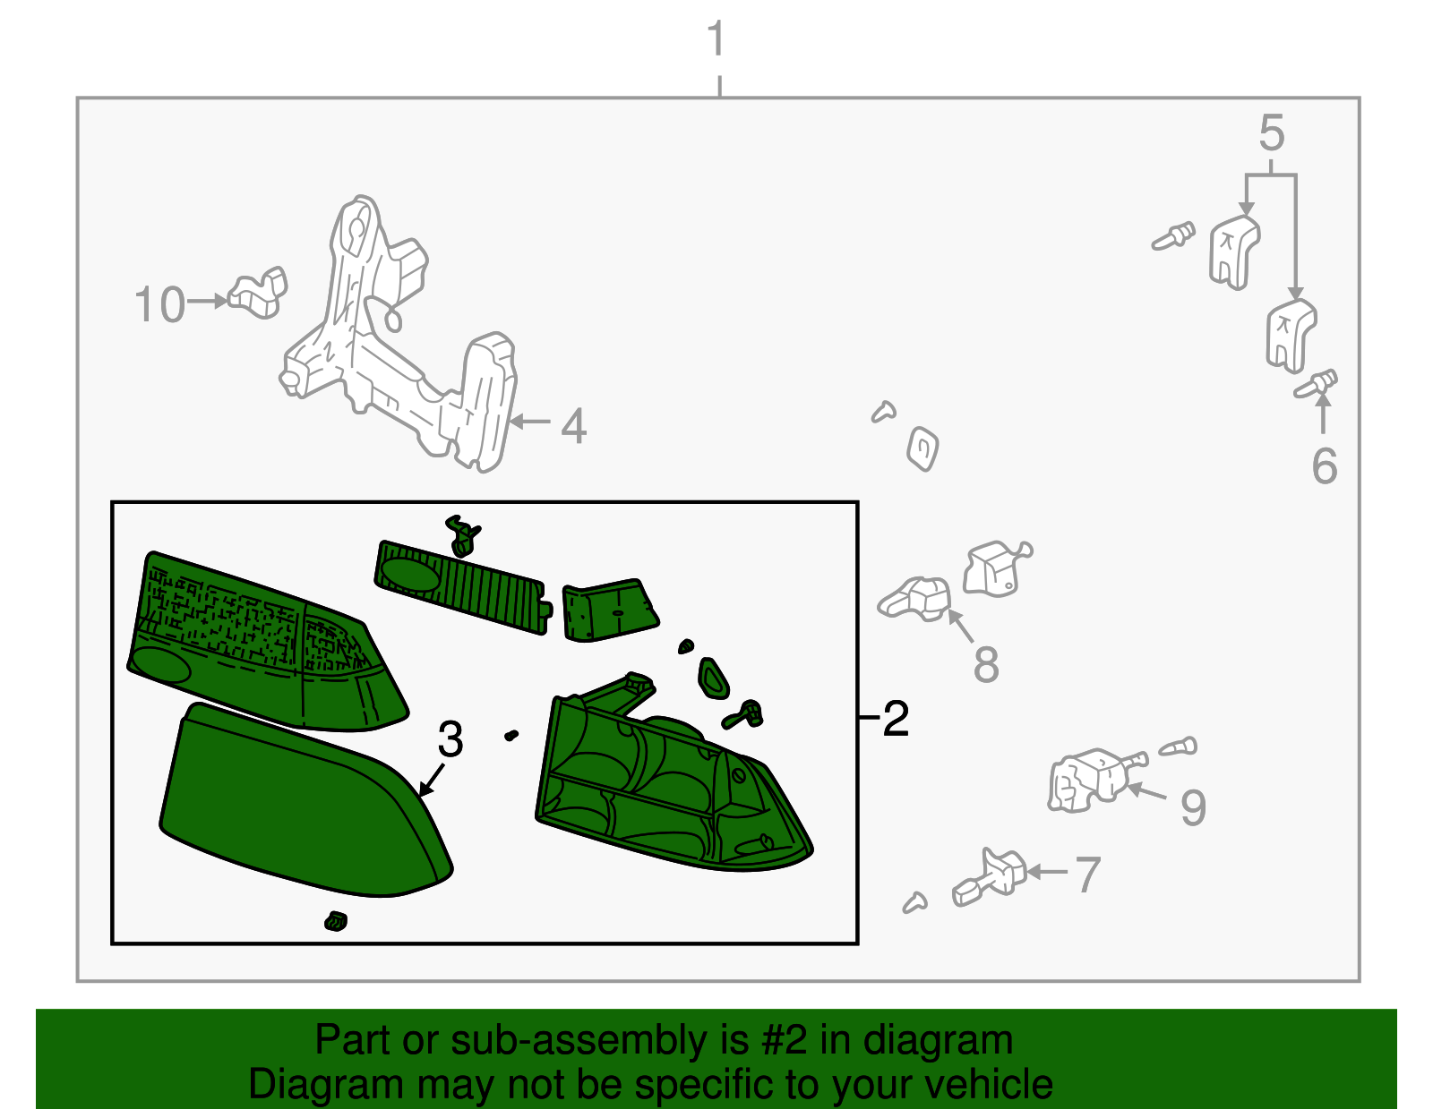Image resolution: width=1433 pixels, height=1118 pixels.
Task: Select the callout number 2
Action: coord(895,718)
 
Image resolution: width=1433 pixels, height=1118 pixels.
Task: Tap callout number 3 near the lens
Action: coord(450,739)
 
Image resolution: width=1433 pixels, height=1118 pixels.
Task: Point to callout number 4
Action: coord(573,426)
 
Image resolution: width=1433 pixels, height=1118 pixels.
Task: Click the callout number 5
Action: coord(1271,134)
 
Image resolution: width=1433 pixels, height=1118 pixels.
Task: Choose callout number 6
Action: coord(1324,466)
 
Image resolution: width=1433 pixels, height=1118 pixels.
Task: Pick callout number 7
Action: coord(1086,875)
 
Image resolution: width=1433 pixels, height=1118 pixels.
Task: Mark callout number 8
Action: coord(985,664)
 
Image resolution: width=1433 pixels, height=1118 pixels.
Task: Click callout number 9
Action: coord(1192,807)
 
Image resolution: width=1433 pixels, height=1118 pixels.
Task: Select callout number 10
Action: coord(159,305)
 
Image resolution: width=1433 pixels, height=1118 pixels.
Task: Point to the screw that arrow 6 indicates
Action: coord(1317,385)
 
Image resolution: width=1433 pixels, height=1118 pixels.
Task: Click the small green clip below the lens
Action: coord(336,920)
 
